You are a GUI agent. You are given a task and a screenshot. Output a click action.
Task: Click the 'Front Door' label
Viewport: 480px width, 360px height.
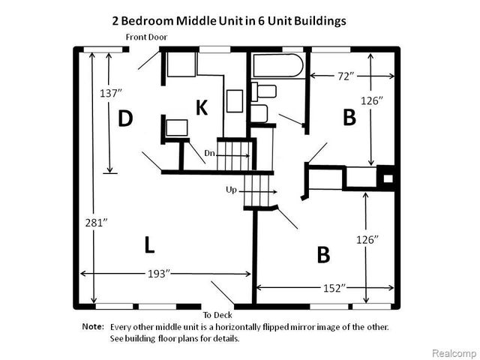click(x=146, y=36)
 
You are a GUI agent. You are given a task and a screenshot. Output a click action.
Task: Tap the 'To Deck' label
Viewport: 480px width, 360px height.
click(x=218, y=315)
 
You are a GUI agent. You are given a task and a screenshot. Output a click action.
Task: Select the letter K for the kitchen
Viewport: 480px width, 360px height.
click(x=201, y=108)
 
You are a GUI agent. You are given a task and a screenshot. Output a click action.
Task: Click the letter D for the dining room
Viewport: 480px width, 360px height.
click(x=125, y=118)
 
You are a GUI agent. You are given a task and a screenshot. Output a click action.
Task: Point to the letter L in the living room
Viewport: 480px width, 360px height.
click(x=149, y=244)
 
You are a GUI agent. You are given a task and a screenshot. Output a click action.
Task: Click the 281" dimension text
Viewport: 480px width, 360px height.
click(x=95, y=223)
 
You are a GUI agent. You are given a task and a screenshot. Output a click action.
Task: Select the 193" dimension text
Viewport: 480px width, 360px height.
click(x=157, y=273)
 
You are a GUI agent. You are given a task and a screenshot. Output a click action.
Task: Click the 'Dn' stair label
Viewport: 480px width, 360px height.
click(x=211, y=153)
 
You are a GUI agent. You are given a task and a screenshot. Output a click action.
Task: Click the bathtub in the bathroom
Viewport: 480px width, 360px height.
click(x=278, y=66)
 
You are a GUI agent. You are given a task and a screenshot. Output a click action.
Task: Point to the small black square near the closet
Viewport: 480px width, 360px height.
click(x=388, y=179)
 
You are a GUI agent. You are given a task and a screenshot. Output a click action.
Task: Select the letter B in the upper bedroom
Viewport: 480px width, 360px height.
click(x=349, y=117)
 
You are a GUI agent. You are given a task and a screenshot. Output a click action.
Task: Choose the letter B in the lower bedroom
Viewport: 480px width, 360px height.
click(x=323, y=255)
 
